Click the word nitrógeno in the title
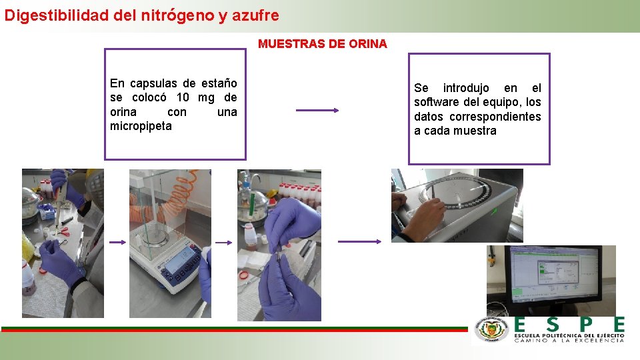click(x=177, y=15)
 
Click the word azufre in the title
click(x=255, y=15)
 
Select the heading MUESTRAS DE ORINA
click(x=323, y=44)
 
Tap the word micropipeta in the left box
click(x=141, y=126)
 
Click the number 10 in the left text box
click(x=183, y=97)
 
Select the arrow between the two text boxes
click(x=317, y=110)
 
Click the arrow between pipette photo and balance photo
click(x=118, y=243)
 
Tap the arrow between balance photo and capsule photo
click(x=224, y=243)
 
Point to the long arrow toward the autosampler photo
click(x=359, y=241)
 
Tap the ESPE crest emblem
click(x=491, y=329)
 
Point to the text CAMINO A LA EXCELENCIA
click(x=569, y=341)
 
